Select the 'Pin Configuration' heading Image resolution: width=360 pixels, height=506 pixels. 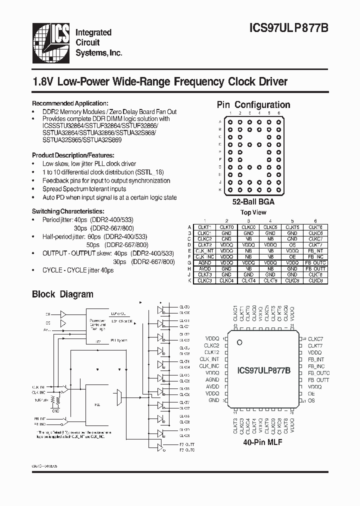click(253, 105)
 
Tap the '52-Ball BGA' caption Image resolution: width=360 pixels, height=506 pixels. click(253, 202)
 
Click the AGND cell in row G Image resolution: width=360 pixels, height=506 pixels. click(204, 262)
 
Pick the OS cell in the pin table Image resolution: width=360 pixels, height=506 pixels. click(292, 245)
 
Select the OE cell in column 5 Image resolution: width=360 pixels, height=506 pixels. click(292, 256)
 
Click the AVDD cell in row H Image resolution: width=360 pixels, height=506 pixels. click(204, 268)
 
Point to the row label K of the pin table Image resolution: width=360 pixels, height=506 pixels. click(190, 280)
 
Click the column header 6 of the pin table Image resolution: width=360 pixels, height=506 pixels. click(315, 220)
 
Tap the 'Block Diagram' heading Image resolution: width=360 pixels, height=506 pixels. click(62, 294)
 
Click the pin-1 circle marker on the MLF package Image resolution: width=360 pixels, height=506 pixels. click(240, 342)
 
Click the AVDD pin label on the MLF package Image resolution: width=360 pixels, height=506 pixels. click(212, 386)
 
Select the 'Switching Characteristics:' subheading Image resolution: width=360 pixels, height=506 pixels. click(68, 211)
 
